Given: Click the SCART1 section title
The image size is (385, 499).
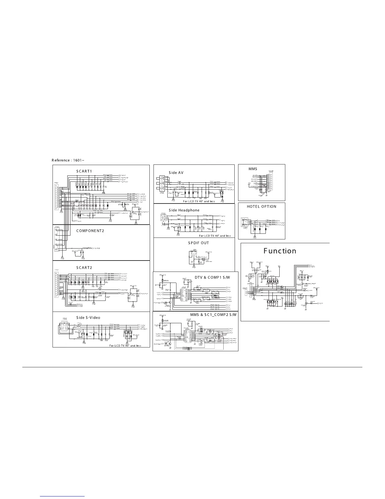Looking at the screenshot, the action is (84, 171).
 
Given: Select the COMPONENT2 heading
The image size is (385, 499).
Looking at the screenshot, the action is (90, 231).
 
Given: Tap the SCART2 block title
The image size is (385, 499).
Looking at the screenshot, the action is (84, 267).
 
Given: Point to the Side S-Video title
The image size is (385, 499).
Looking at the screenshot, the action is (88, 318).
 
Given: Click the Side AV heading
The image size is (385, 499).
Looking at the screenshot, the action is (176, 173).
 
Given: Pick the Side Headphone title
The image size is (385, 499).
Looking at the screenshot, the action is (184, 210).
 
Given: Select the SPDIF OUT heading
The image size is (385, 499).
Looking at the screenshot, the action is (198, 243).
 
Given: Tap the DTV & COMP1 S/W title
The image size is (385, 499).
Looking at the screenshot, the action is (212, 277).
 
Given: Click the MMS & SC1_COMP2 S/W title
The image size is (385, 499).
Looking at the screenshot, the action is (213, 315).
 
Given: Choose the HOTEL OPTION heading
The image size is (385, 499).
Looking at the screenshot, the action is (261, 207).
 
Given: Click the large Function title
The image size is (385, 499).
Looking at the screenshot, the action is (280, 251).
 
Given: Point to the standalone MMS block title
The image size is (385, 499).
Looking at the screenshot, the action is (253, 169).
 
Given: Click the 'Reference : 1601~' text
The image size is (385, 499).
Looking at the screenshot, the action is (68, 160).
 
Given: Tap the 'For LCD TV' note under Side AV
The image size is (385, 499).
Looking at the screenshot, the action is (199, 201).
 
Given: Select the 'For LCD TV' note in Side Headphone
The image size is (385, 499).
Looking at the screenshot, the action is (215, 236).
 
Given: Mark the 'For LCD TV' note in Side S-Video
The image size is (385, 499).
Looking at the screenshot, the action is (125, 346).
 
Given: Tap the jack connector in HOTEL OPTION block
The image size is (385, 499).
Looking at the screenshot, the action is (244, 222).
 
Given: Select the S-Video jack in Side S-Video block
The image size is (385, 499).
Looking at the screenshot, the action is (64, 328).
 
